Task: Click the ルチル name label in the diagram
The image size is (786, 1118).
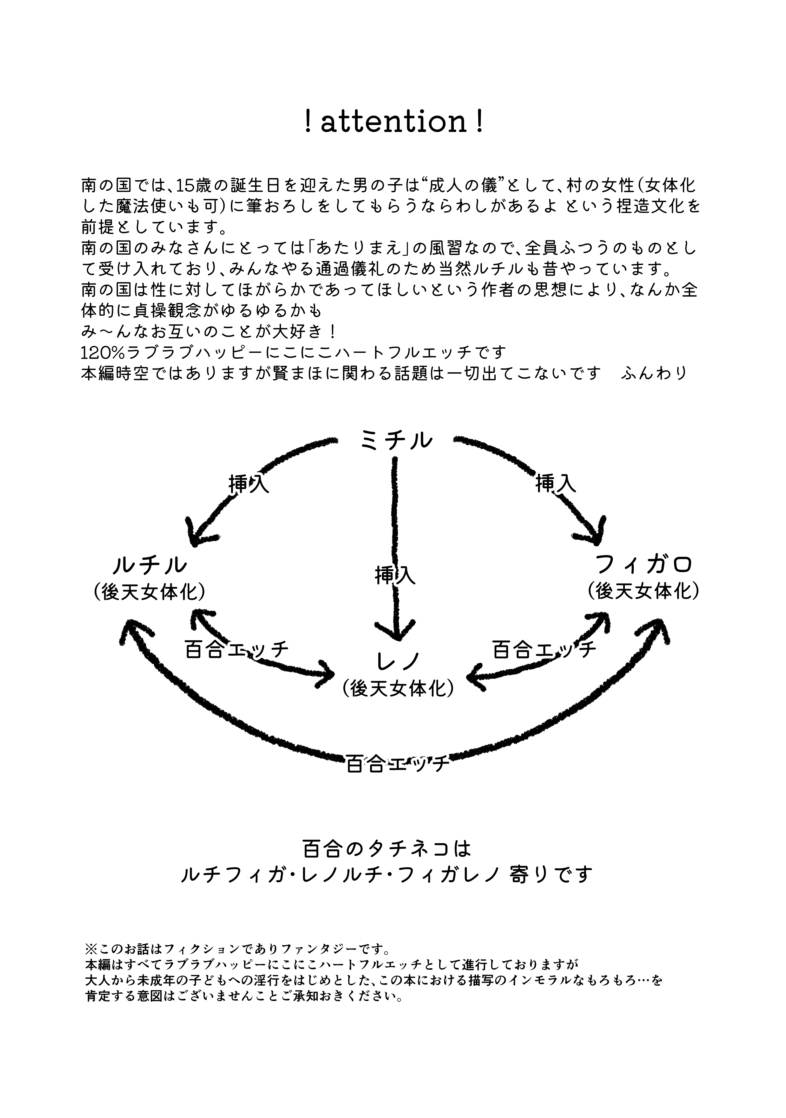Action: click(x=150, y=565)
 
